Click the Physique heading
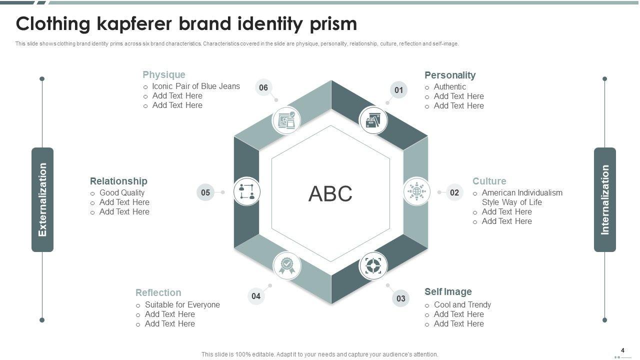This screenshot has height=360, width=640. tap(164, 75)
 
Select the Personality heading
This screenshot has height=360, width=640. tap(450, 75)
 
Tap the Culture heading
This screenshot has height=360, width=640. tap(489, 181)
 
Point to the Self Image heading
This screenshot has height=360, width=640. tap(448, 291)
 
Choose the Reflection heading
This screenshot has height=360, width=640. tap(158, 292)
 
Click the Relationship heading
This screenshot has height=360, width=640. tap(118, 181)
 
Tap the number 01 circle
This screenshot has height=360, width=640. tap(398, 90)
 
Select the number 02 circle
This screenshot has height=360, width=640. tap(454, 192)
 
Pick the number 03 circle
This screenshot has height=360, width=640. tap(401, 298)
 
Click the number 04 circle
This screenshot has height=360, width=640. tap(256, 296)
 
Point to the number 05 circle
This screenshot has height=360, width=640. tap(205, 192)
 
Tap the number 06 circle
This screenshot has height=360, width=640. tap(263, 88)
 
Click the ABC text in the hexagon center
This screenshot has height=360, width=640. tap(330, 194)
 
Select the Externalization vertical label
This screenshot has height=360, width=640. tap(42, 199)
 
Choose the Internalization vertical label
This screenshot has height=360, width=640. tap(605, 199)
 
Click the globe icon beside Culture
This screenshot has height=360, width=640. tap(416, 191)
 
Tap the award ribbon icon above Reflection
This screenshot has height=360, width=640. tap(287, 265)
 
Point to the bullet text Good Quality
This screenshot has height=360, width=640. tap(122, 192)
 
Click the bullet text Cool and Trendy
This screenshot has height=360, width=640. tap(462, 304)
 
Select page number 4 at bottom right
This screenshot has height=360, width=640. tap(622, 350)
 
